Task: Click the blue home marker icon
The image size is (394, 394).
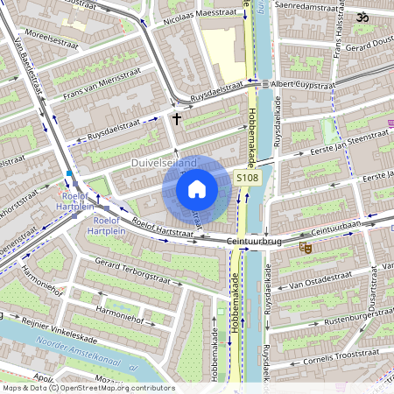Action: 197,188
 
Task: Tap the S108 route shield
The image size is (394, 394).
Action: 247,178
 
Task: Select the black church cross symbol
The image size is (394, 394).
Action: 176,117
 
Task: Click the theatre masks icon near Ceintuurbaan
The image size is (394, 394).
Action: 306,248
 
